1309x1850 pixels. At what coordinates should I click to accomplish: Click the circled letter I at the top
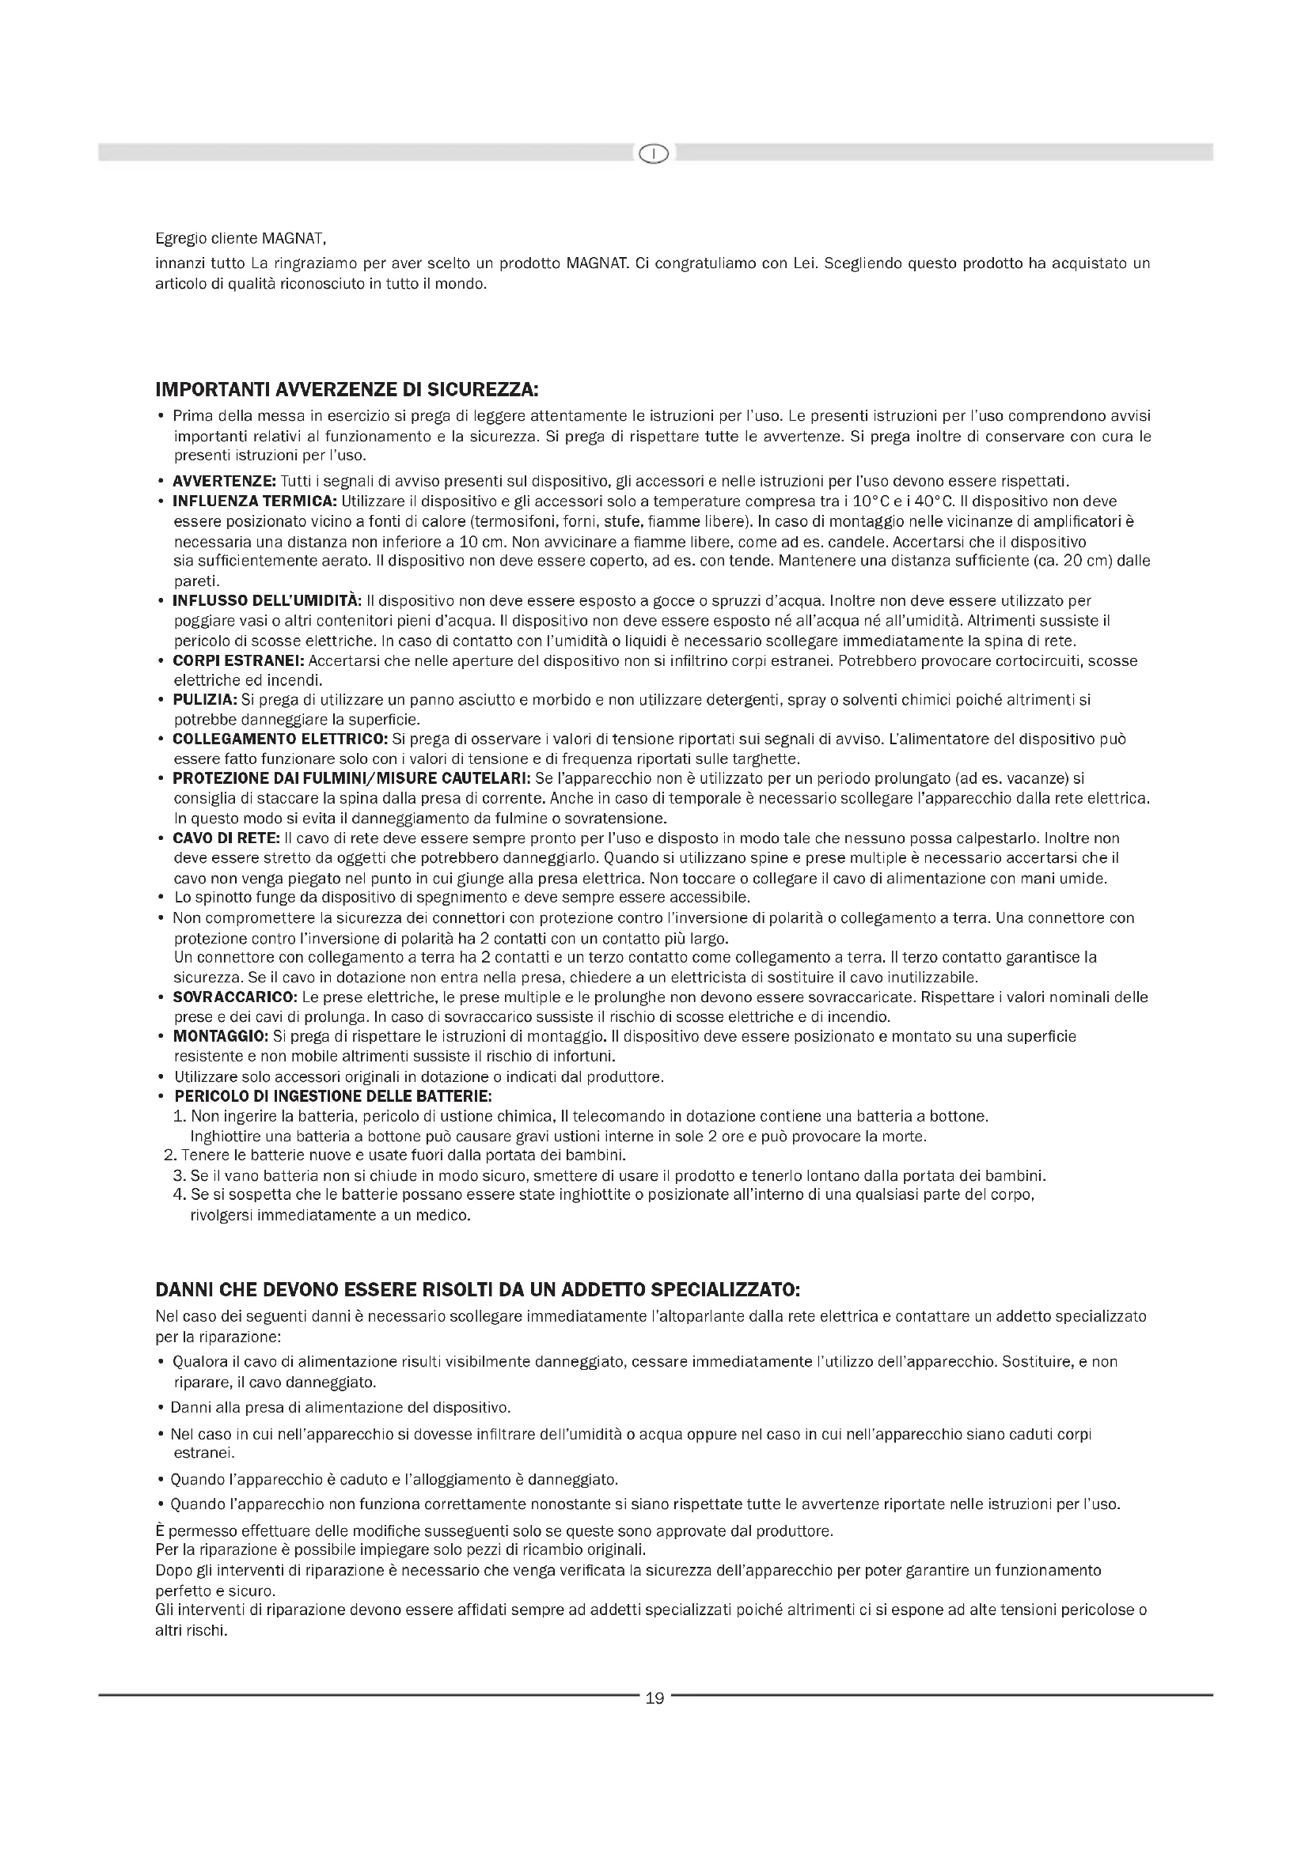[x=654, y=153]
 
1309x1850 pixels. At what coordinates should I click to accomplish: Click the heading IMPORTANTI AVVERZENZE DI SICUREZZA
[x=347, y=391]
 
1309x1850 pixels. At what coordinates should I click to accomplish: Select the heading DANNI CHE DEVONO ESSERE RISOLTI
[x=477, y=1289]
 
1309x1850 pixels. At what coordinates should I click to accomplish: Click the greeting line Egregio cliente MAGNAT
[x=241, y=240]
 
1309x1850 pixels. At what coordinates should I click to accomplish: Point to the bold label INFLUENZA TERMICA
[x=255, y=501]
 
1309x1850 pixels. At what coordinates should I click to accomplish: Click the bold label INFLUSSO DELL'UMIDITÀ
[x=267, y=600]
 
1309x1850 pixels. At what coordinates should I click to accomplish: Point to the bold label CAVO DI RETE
[x=226, y=838]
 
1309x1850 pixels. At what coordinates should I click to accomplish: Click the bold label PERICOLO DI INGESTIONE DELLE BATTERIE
[x=333, y=1095]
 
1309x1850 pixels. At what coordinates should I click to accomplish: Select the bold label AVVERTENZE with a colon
[x=224, y=482]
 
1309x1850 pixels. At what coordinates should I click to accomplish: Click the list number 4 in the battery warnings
[x=179, y=1195]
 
